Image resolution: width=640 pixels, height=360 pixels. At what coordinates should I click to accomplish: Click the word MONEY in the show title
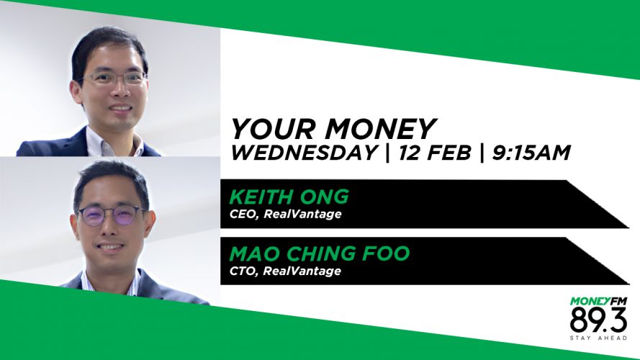380,129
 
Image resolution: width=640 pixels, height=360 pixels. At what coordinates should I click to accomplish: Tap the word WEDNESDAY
304,153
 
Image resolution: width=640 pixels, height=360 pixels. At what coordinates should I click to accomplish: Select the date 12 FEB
435,153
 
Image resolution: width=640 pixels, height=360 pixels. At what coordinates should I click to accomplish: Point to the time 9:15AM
531,153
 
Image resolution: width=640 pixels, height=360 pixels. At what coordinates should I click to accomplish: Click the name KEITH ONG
289,197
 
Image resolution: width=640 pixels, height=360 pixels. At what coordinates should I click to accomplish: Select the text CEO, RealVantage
285,215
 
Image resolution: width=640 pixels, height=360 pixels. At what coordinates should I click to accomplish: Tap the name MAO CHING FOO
319,253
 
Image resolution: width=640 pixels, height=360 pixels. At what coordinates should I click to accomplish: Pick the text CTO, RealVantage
285,271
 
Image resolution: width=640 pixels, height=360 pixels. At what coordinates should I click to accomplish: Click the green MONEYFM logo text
598,302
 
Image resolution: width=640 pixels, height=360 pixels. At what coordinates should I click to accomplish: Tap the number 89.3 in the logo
598,320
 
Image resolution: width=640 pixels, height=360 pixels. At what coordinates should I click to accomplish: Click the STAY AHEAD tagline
598,338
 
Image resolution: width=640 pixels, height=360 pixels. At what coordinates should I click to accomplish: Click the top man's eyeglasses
113,78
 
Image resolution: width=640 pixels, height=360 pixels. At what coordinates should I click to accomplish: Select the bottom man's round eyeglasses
112,216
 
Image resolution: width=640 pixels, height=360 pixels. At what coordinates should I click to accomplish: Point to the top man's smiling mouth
121,109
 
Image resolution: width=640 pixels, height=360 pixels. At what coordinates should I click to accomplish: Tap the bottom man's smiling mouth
111,246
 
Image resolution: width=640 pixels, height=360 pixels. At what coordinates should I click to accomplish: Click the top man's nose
120,91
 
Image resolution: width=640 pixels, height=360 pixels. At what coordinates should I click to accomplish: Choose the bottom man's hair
111,181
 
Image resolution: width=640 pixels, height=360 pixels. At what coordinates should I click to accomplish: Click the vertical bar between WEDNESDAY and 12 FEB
387,153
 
